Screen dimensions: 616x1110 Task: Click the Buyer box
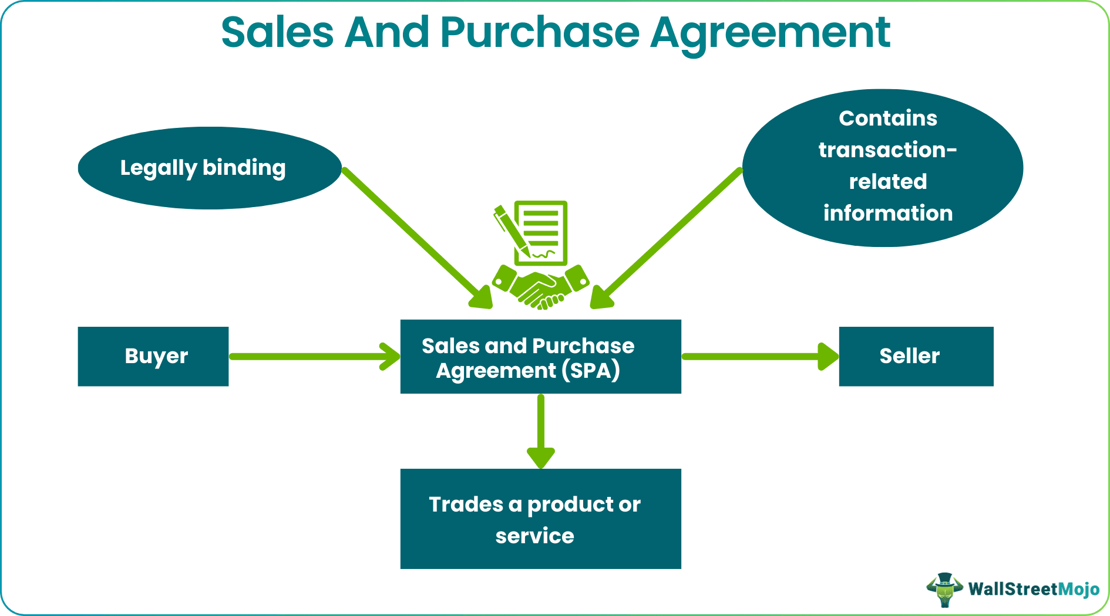tap(153, 356)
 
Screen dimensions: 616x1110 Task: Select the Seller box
tap(916, 356)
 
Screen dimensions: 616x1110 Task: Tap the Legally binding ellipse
tap(209, 168)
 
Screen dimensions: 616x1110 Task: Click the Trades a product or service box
tap(540, 519)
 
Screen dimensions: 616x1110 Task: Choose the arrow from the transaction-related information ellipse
tap(670, 235)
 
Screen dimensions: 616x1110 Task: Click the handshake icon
tap(540, 287)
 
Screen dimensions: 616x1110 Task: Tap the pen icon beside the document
tap(510, 229)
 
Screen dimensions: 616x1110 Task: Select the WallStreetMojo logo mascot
tap(944, 589)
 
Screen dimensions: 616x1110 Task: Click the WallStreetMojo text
tap(1034, 589)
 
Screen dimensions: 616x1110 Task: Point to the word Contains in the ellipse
tap(887, 119)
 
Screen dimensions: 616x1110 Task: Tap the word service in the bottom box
tap(534, 536)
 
